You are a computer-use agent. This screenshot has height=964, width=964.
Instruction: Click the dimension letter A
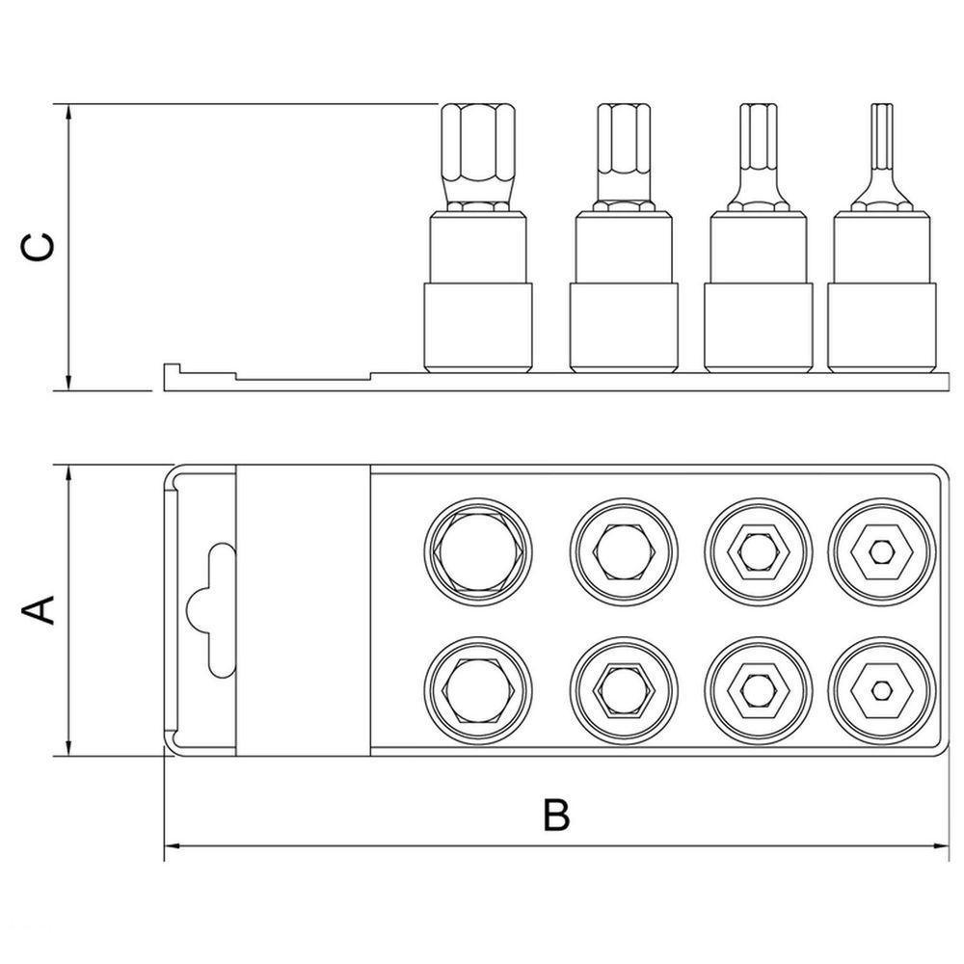(x=39, y=610)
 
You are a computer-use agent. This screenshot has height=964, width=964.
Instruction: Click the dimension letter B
(x=556, y=816)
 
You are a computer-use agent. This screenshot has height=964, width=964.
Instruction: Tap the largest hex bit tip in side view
(x=477, y=158)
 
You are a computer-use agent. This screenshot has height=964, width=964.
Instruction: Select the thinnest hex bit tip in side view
(x=882, y=156)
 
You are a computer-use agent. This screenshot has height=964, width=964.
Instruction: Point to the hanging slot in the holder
(x=210, y=610)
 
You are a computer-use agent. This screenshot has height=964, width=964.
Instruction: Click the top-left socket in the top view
(x=478, y=551)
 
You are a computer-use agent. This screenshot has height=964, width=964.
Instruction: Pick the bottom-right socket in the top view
(x=882, y=690)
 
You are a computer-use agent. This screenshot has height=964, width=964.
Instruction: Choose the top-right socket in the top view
(x=882, y=551)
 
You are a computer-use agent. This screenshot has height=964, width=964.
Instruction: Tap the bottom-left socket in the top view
(x=478, y=690)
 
